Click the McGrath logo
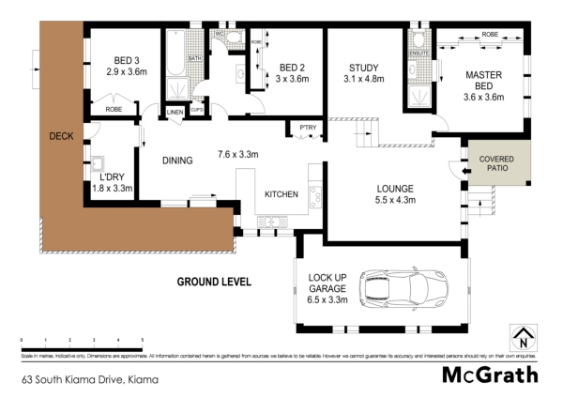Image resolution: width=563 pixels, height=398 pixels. pos(490,375)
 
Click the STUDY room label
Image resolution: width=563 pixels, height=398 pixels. pos(363,68)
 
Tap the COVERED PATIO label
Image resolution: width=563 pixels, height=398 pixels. pos(496,165)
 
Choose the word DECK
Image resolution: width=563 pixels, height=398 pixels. pos(61,137)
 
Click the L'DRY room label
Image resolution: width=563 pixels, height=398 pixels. pos(112,177)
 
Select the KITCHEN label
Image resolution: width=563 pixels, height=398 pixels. pos(281,194)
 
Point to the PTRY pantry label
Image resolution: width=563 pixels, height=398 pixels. pos(308,129)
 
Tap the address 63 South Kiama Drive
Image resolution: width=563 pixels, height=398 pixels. pos(90,380)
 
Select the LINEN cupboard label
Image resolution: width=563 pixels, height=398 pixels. pos(175,113)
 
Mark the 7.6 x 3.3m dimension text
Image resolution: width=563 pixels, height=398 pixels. pos(238,153)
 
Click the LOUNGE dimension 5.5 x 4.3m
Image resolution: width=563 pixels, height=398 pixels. pos(396,199)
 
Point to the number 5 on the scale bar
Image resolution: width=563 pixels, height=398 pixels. pos(142,339)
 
